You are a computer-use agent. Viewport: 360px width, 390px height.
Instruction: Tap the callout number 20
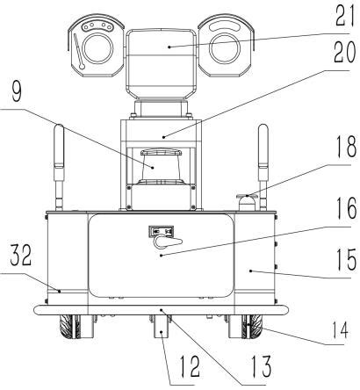click(345, 52)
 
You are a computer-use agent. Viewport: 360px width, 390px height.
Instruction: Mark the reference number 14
click(339, 329)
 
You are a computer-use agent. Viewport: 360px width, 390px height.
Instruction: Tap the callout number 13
click(261, 366)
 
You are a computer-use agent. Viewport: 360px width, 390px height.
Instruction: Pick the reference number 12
click(190, 366)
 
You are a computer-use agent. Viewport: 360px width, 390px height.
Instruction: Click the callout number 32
click(21, 256)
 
